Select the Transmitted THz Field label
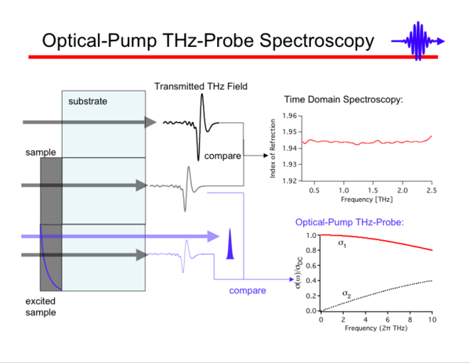point(201,86)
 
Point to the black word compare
point(222,156)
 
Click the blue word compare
point(248,291)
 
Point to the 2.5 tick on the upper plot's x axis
point(431,190)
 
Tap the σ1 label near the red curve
point(342,244)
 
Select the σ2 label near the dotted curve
point(348,293)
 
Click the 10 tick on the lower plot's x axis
point(431,319)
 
